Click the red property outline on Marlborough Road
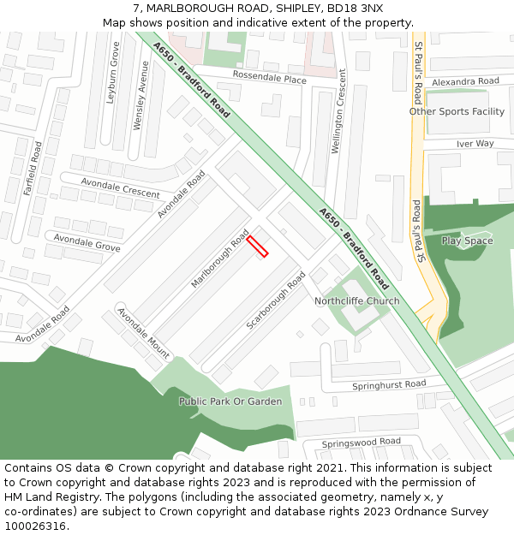[257, 247]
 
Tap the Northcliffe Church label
[356, 301]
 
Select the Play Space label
[467, 241]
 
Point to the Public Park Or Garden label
[230, 401]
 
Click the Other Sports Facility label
[457, 111]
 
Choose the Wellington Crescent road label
[340, 123]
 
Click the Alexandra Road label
[464, 81]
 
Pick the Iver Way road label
[475, 144]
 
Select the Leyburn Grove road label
[111, 73]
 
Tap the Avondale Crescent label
[120, 187]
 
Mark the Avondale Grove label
[87, 241]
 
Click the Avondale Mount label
[144, 333]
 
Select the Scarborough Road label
[276, 300]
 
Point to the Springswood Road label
[361, 442]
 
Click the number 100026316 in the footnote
[34, 526]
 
